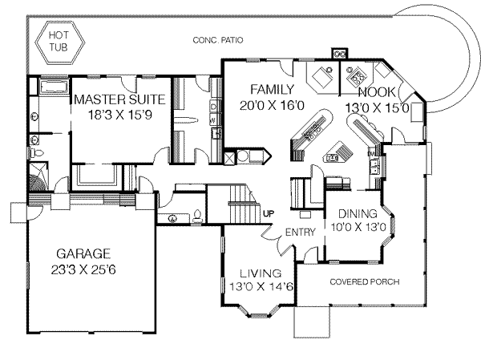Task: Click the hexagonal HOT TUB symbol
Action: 60,42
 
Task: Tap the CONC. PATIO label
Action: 218,40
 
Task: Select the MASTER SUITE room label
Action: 119,99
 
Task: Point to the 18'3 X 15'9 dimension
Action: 120,115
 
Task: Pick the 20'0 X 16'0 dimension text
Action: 272,105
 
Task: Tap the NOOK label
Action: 377,92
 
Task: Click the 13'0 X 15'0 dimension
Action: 378,108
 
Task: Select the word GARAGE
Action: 83,254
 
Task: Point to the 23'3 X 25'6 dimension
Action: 83,269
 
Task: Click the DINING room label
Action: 358,213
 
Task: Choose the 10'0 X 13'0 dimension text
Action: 358,227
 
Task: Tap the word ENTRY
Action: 300,233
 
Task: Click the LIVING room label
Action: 261,273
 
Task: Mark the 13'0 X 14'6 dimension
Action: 261,287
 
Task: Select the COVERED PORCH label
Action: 365,281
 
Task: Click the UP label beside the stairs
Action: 268,213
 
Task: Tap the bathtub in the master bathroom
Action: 54,87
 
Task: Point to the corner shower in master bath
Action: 38,176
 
